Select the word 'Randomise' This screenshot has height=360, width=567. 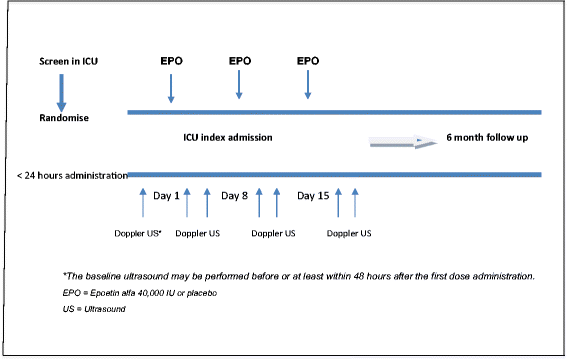[61, 118]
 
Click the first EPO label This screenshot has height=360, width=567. [172, 61]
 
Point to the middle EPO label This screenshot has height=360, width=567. [240, 61]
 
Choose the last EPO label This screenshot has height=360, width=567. [308, 61]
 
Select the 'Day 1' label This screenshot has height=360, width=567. [166, 196]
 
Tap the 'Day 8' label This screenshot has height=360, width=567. [234, 196]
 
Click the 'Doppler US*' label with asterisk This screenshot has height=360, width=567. [140, 234]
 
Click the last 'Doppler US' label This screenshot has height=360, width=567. [350, 234]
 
